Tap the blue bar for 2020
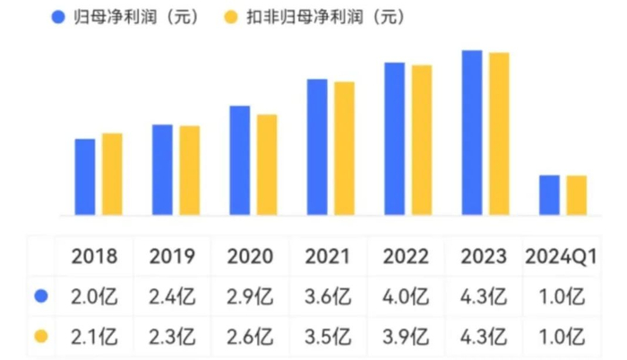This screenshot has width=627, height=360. click(239, 161)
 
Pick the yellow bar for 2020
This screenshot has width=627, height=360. click(267, 165)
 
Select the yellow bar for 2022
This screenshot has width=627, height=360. click(422, 141)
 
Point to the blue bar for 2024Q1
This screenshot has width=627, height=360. click(549, 195)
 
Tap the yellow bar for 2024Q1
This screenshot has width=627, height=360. click(577, 195)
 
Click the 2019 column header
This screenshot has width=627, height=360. click(172, 257)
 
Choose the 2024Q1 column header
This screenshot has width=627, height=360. click(560, 257)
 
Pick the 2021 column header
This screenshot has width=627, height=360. click(328, 257)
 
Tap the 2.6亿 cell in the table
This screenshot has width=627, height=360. click(250, 337)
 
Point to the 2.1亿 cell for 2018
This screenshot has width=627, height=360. click(95, 337)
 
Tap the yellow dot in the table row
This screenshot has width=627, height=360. click(39, 337)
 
